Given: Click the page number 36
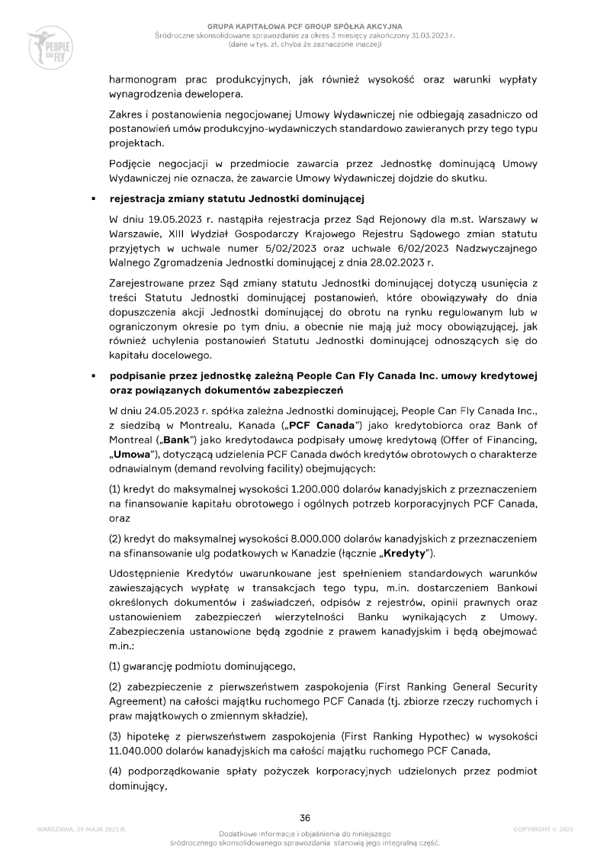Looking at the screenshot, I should [x=305, y=817].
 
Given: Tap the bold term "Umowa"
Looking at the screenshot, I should [x=133, y=458].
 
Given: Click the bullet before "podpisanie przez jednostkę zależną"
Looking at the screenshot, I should [x=92, y=376].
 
